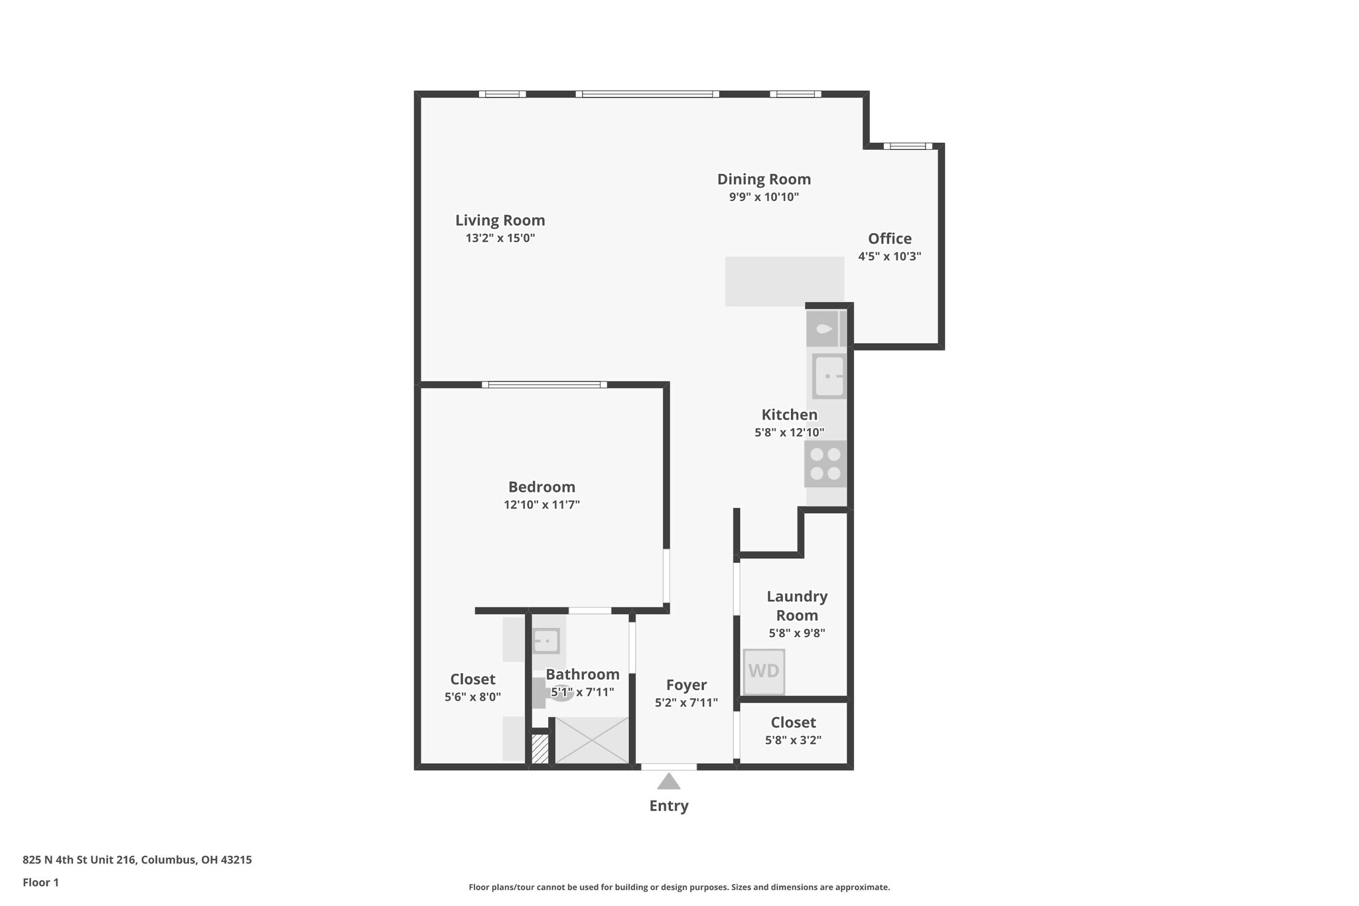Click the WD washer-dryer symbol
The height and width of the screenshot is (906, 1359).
pyautogui.click(x=764, y=671)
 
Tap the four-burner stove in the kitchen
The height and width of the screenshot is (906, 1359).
pyautogui.click(x=825, y=463)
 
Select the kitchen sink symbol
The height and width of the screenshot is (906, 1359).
pyautogui.click(x=829, y=376)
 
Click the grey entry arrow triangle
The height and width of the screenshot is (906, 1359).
pyautogui.click(x=669, y=781)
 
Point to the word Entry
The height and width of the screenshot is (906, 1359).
pyautogui.click(x=669, y=806)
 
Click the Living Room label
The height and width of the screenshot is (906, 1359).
pyautogui.click(x=500, y=220)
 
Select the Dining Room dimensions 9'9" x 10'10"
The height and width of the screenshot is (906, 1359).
pyautogui.click(x=764, y=197)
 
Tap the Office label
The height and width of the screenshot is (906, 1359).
pyautogui.click(x=890, y=238)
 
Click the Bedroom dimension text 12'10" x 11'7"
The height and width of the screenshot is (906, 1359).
pyautogui.click(x=542, y=504)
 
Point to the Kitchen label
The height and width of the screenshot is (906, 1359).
pyautogui.click(x=790, y=415)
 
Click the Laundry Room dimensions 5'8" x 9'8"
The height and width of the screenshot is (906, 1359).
pyautogui.click(x=797, y=633)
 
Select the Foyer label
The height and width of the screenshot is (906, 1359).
pyautogui.click(x=686, y=685)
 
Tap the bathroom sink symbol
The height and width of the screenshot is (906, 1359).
pyautogui.click(x=546, y=641)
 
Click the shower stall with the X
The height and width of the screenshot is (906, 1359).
pyautogui.click(x=591, y=740)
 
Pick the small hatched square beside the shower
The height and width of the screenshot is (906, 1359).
pyautogui.click(x=540, y=749)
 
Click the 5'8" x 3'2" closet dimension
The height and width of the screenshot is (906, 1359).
pyautogui.click(x=793, y=740)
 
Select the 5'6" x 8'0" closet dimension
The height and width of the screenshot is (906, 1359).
pyautogui.click(x=472, y=697)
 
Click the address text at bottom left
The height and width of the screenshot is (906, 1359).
pyautogui.click(x=137, y=860)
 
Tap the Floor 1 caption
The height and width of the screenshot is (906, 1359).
pyautogui.click(x=40, y=882)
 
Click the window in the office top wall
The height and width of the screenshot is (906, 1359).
pyautogui.click(x=908, y=146)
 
